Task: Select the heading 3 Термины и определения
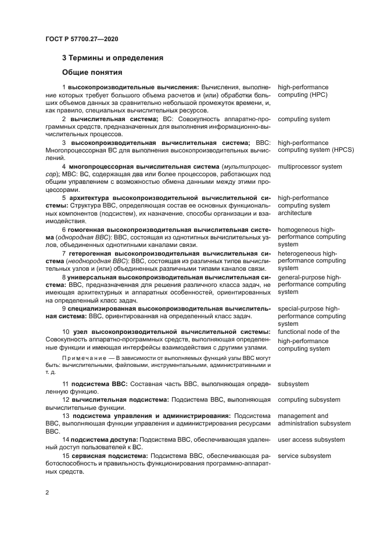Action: coord(112,58)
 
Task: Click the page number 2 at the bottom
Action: coord(47,492)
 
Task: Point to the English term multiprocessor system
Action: coord(310,166)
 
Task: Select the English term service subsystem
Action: coord(304,456)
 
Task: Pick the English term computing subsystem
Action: coord(309,399)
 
